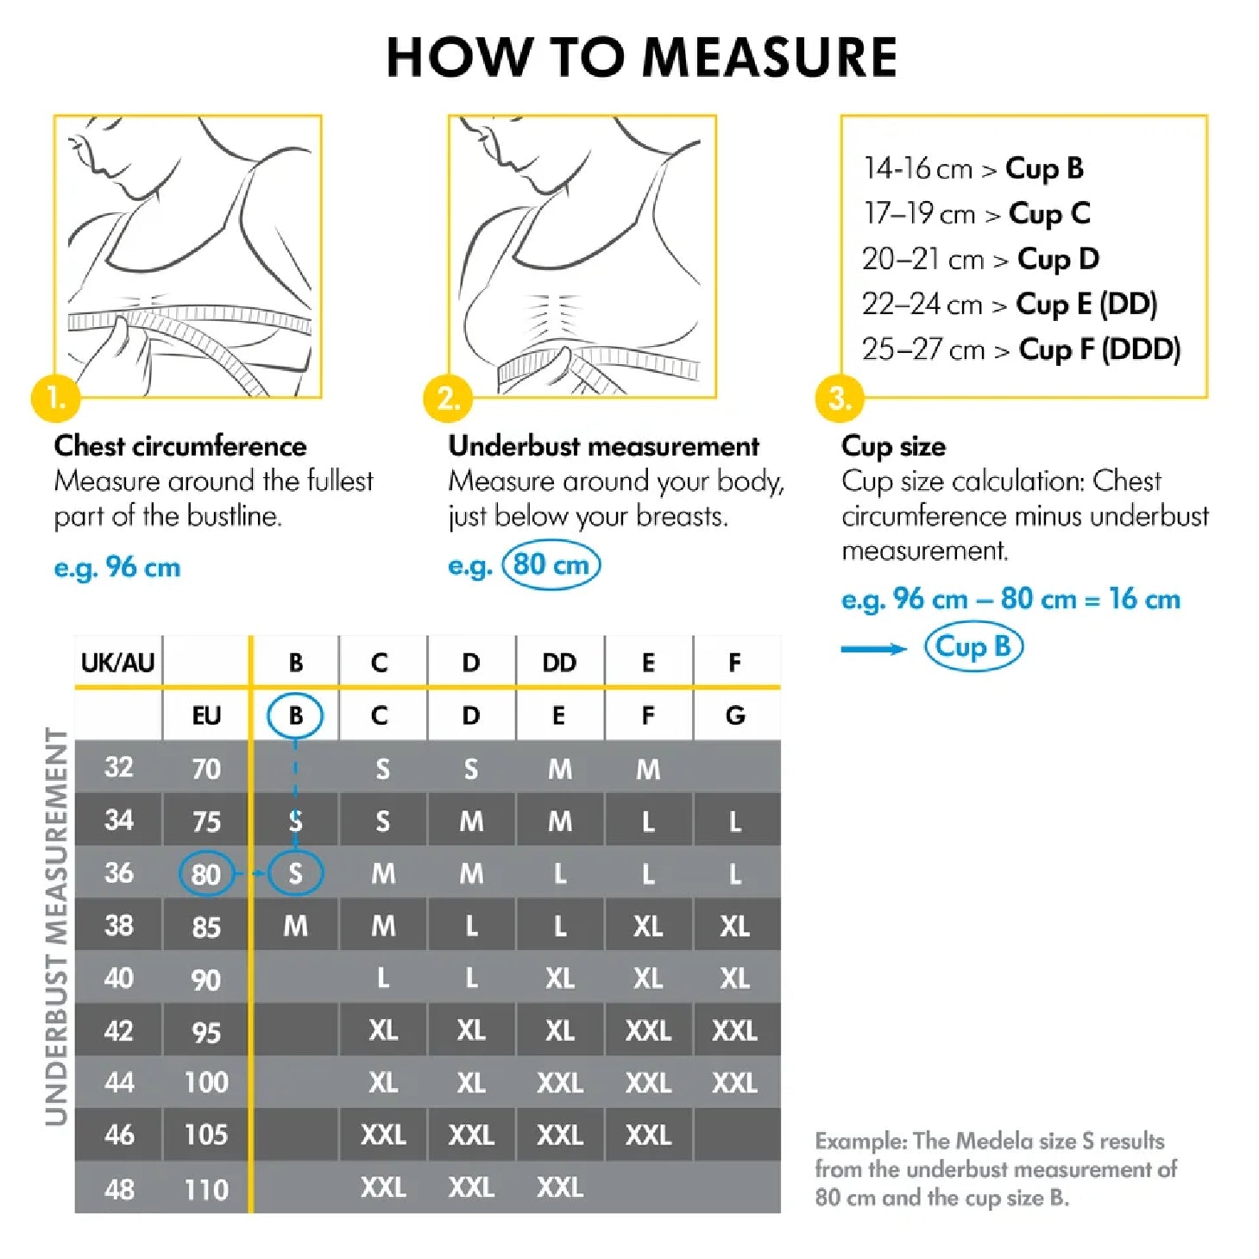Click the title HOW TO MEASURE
click(x=641, y=58)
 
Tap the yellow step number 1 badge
click(x=55, y=398)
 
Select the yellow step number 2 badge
click(x=448, y=398)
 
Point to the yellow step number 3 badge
click(x=840, y=398)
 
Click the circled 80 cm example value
click(x=551, y=564)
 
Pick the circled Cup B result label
click(x=973, y=646)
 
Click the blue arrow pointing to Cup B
click(x=873, y=649)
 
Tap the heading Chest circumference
click(x=179, y=445)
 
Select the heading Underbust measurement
click(x=603, y=445)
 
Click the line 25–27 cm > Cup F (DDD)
click(x=1021, y=349)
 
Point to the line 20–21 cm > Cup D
click(x=980, y=258)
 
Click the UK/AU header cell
click(x=117, y=663)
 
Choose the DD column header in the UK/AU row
click(x=558, y=663)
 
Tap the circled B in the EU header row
click(x=295, y=715)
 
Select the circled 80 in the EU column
click(x=205, y=873)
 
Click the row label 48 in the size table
click(x=119, y=1188)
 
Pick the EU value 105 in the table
click(x=205, y=1134)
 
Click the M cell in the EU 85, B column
click(x=295, y=926)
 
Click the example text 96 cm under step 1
click(x=142, y=567)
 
